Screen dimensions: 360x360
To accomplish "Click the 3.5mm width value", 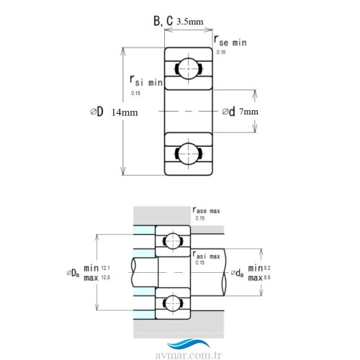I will [190, 21].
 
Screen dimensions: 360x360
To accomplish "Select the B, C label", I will [161, 21].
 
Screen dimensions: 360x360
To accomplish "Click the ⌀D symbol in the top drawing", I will [96, 112].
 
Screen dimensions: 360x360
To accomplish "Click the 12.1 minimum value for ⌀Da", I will [106, 267].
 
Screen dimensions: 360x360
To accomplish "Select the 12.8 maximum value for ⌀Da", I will [106, 277].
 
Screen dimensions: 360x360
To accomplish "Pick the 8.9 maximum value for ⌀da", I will [267, 277].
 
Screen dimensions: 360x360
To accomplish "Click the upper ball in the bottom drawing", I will [173, 241].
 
